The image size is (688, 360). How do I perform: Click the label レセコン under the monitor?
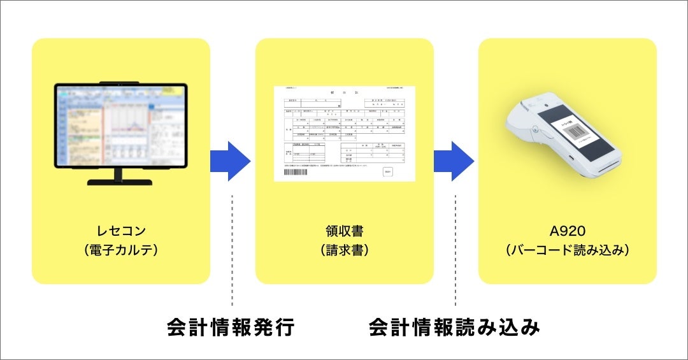pyautogui.click(x=120, y=231)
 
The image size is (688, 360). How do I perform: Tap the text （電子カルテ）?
pyautogui.click(x=120, y=250)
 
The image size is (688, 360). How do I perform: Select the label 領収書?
pyautogui.click(x=344, y=231)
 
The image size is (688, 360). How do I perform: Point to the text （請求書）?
pyautogui.click(x=344, y=250)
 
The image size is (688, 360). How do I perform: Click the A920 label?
pyautogui.click(x=567, y=231)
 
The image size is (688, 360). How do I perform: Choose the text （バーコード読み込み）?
pyautogui.click(x=567, y=250)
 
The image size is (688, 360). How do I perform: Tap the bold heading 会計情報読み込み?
pyautogui.click(x=454, y=328)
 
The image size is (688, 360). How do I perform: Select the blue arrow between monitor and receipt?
pyautogui.click(x=231, y=161)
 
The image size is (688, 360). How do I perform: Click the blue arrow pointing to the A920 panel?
pyautogui.click(x=454, y=161)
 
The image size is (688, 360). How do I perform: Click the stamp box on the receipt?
pyautogui.click(x=387, y=171)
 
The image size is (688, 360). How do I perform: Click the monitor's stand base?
pyautogui.click(x=120, y=182)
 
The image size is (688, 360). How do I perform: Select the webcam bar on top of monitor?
pyautogui.click(x=120, y=82)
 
